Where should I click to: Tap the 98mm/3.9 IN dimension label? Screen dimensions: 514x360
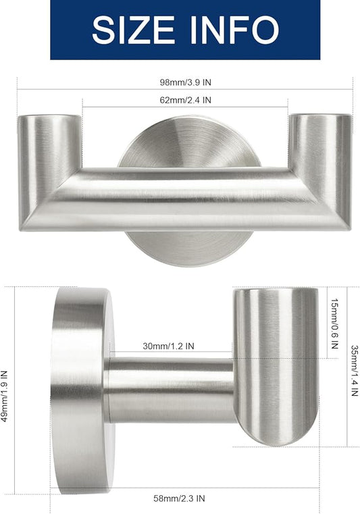point(184,82)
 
